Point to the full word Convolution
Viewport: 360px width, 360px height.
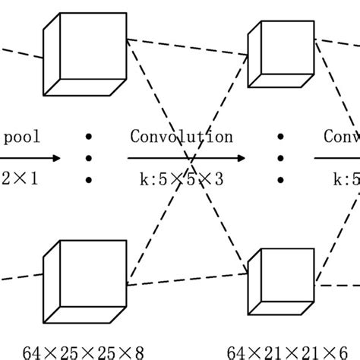(182, 137)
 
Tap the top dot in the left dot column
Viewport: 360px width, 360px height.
(89, 137)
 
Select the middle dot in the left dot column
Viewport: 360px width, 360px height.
(89, 159)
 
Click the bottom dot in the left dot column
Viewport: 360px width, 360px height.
(89, 181)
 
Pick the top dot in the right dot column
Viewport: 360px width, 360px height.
(280, 137)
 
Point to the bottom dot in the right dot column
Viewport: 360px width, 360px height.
(280, 181)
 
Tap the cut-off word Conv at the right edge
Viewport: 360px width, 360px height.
(341, 137)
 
